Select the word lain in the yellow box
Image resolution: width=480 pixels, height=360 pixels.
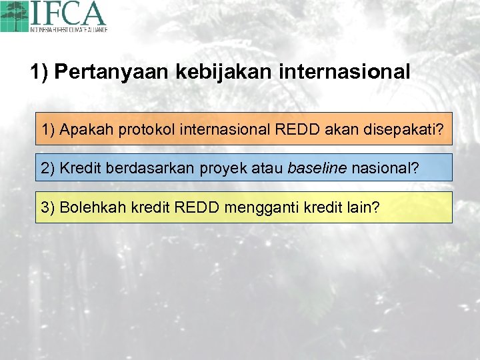(362, 207)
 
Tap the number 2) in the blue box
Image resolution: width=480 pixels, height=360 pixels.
(48, 167)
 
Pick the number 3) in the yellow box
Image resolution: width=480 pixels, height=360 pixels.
(48, 207)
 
